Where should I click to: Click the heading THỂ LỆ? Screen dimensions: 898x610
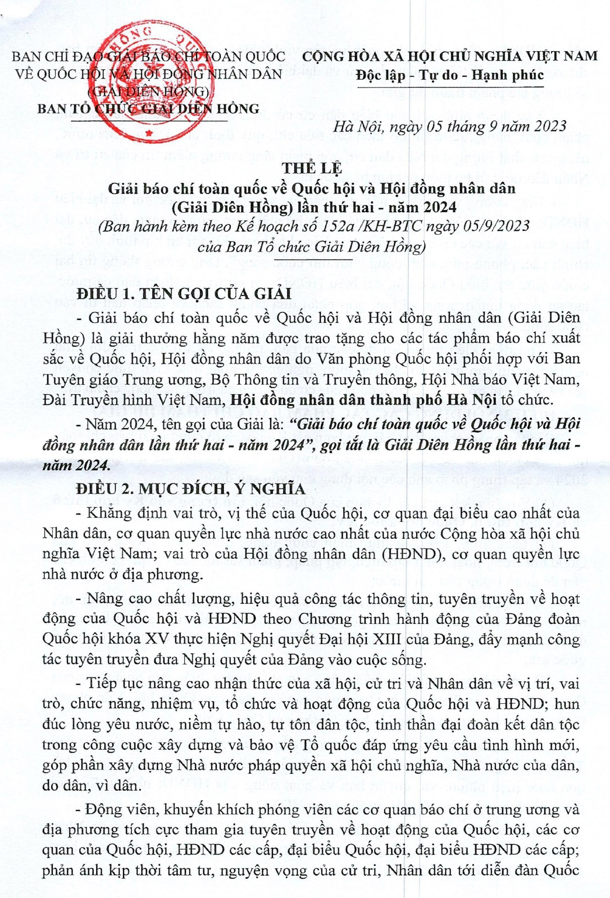tap(312, 168)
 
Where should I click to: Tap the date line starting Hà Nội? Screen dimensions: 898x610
tap(449, 127)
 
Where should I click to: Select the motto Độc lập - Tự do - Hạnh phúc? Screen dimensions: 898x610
tap(449, 75)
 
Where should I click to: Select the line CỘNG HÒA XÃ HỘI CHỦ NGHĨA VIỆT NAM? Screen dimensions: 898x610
tap(450, 56)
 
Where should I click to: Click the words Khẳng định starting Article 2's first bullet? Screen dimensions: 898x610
tap(118, 513)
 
